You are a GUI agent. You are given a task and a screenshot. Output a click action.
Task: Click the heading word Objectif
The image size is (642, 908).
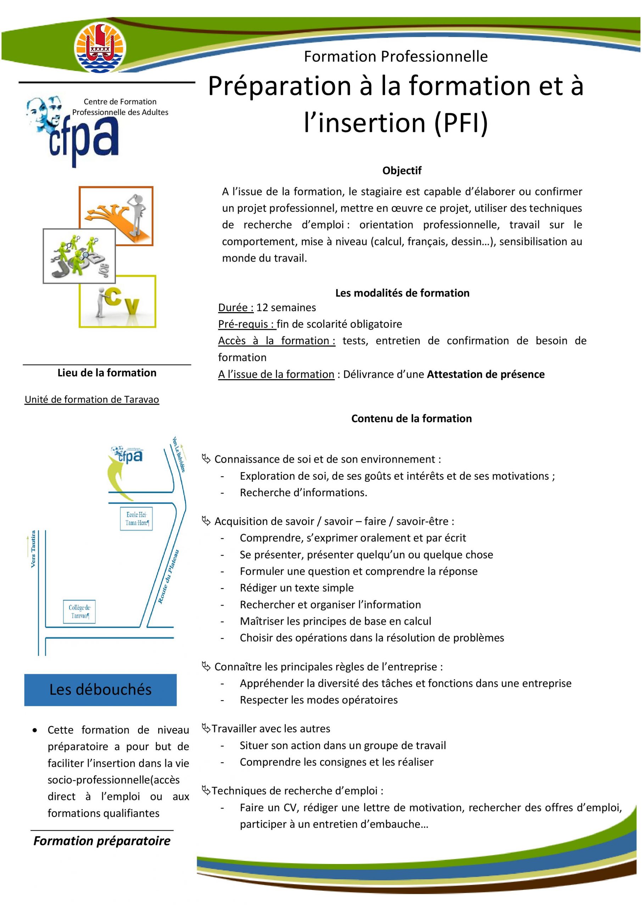402,171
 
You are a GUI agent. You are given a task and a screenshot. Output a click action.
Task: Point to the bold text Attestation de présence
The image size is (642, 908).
485,374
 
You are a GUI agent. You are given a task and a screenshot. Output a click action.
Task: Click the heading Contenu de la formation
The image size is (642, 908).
411,419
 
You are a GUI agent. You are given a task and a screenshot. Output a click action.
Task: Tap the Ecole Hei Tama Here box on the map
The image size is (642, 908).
136,519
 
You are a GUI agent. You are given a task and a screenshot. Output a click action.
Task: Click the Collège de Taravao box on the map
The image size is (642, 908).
79,611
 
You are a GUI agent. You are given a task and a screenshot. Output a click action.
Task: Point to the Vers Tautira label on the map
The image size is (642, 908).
33,549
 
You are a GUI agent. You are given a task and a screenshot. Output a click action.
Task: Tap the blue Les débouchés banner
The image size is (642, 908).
100,690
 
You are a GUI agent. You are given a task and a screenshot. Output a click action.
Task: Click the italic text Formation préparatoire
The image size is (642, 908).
102,841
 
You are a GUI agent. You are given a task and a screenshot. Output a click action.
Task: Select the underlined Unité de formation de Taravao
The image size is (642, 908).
92,399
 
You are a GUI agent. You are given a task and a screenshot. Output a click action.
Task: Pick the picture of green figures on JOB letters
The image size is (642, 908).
79,255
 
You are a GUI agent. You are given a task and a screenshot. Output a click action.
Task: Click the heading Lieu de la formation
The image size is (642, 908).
107,372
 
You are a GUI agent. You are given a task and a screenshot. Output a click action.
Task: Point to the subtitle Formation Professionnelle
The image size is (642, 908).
396,56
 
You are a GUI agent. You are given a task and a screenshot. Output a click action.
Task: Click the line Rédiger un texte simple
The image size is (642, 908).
296,588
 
